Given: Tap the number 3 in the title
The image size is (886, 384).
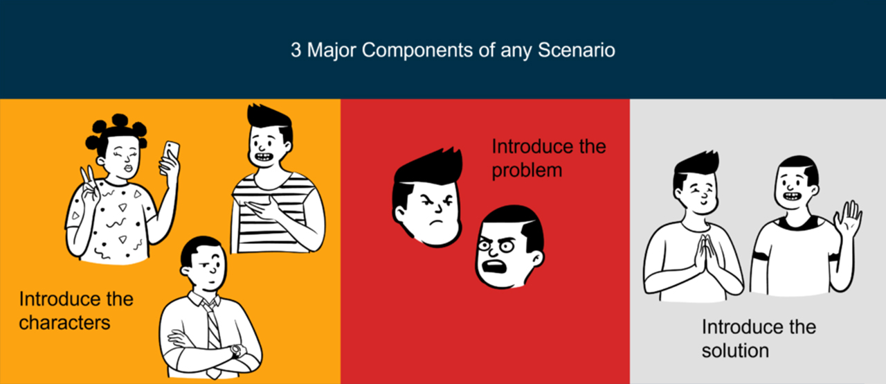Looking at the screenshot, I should (x=296, y=51).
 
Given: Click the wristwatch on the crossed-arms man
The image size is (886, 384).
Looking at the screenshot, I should (x=237, y=351).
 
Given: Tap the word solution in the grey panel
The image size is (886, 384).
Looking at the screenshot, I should (x=734, y=350).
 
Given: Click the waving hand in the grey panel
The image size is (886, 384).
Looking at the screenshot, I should (x=847, y=220).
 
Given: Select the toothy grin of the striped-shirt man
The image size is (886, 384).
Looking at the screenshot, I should (x=264, y=157).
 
